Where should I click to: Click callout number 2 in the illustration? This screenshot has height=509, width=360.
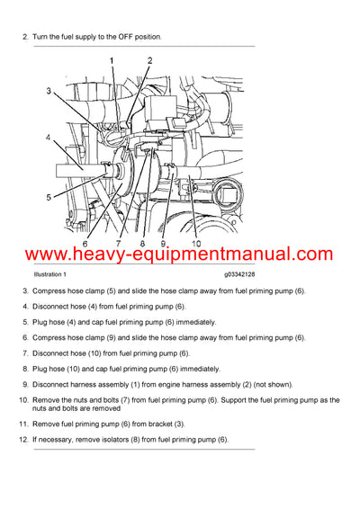[x=149, y=61]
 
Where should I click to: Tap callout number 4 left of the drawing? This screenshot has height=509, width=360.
[x=49, y=138]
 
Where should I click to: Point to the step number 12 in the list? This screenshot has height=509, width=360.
[x=24, y=439]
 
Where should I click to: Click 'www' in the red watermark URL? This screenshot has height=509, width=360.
[x=36, y=255]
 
